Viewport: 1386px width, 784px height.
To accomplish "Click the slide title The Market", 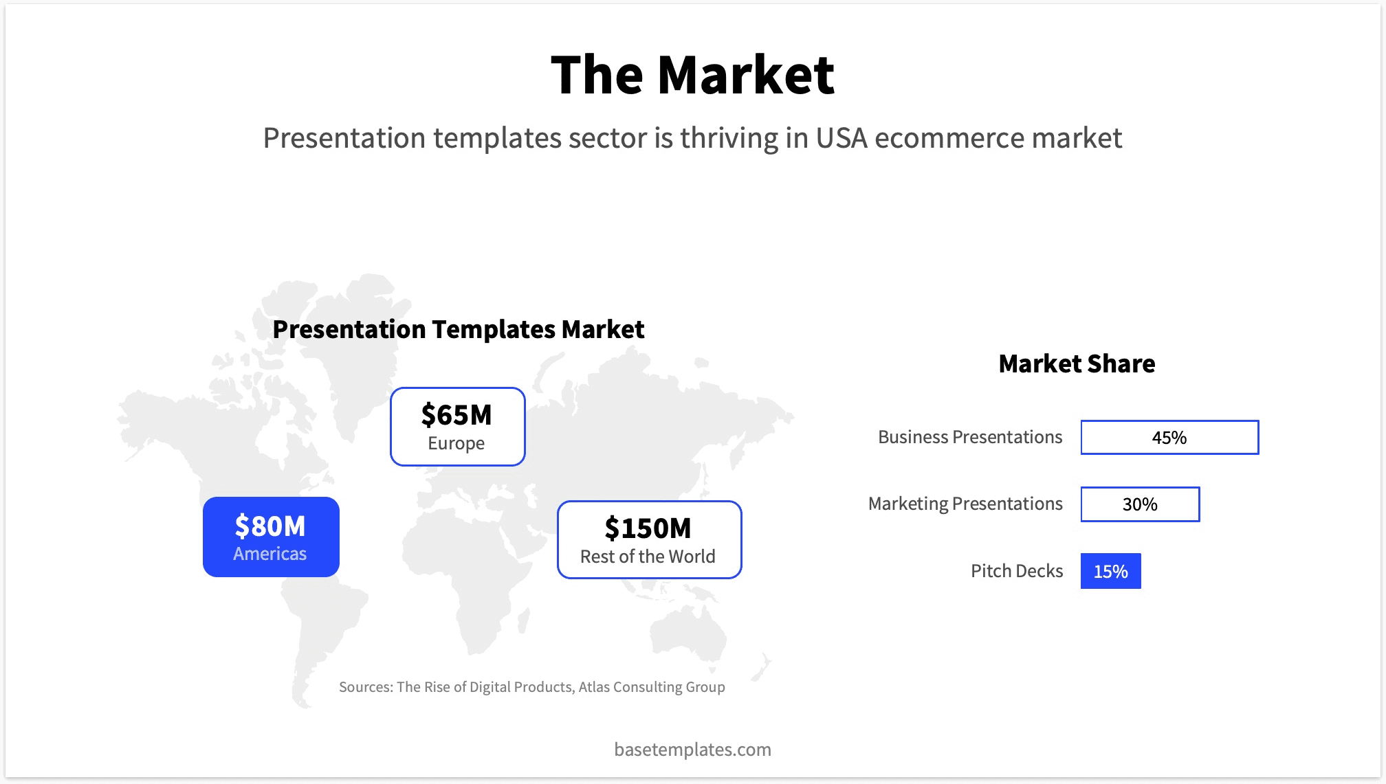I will (x=692, y=75).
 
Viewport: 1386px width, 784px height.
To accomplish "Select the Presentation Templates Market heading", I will (x=458, y=329).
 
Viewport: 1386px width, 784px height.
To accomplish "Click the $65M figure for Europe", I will (x=456, y=415).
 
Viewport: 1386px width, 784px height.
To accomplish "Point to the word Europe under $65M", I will (x=456, y=444).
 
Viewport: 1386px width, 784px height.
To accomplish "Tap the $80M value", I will (x=270, y=526).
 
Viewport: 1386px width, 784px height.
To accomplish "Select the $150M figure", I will (x=648, y=528).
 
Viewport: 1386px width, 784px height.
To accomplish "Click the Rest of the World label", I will (x=648, y=557).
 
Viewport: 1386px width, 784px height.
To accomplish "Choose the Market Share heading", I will (x=1077, y=363).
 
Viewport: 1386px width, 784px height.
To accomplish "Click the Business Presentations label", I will (x=969, y=437).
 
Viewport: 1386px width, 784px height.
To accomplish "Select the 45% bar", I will (x=1169, y=438).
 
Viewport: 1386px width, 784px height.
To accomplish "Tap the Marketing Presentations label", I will (x=965, y=504).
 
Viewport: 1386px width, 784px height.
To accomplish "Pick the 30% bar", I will (x=1140, y=504).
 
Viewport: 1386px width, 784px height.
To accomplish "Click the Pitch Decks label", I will (x=1016, y=571).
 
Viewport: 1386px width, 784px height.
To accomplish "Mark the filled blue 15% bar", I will (x=1110, y=571).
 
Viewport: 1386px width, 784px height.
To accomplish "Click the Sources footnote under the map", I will (x=531, y=687).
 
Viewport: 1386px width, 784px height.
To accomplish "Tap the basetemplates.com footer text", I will (x=692, y=749).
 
